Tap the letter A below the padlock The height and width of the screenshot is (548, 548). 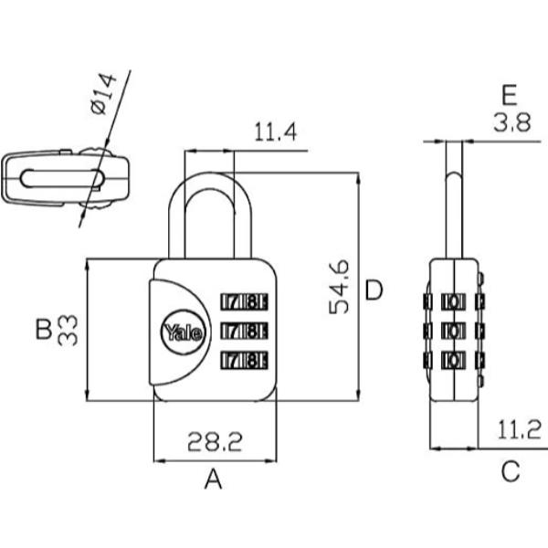point(213,478)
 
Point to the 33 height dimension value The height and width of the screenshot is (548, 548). point(69,329)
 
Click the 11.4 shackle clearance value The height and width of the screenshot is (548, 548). point(275,134)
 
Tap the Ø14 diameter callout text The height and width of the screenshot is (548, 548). point(104,94)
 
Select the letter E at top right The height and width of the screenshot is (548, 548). point(509,94)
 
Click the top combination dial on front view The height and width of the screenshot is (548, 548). point(244,300)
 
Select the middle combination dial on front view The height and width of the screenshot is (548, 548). point(244,329)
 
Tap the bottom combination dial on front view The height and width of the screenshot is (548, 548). point(244,358)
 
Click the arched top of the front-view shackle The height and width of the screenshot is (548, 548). point(210,181)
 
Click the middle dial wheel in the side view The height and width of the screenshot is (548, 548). point(453,329)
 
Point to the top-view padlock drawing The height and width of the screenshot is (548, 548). point(63,178)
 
